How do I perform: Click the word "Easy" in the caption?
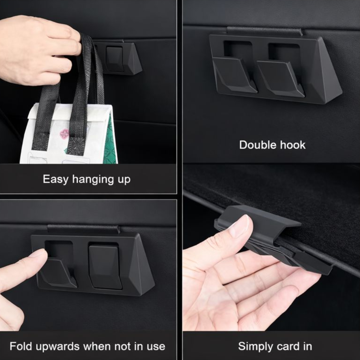(56, 179)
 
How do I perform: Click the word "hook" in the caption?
(292, 145)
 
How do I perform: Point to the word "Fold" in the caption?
(20, 346)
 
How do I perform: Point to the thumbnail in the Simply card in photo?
(240, 226)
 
